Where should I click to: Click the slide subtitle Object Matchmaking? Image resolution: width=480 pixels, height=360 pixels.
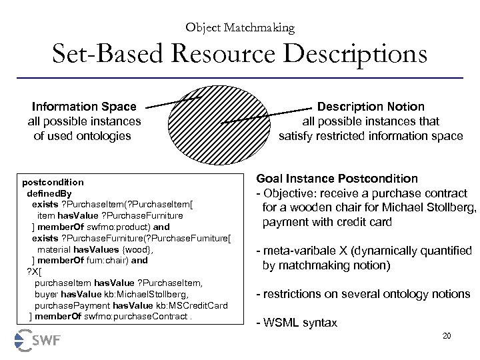240,27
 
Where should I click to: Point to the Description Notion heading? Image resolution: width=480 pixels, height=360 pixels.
370,107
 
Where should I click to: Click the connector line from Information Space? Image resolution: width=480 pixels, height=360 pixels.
172,101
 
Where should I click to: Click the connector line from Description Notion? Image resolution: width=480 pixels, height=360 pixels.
267,115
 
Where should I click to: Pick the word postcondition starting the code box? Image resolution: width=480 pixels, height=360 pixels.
53,181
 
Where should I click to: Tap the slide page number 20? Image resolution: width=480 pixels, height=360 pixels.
446,335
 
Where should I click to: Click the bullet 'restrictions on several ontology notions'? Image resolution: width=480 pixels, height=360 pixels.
363,294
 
